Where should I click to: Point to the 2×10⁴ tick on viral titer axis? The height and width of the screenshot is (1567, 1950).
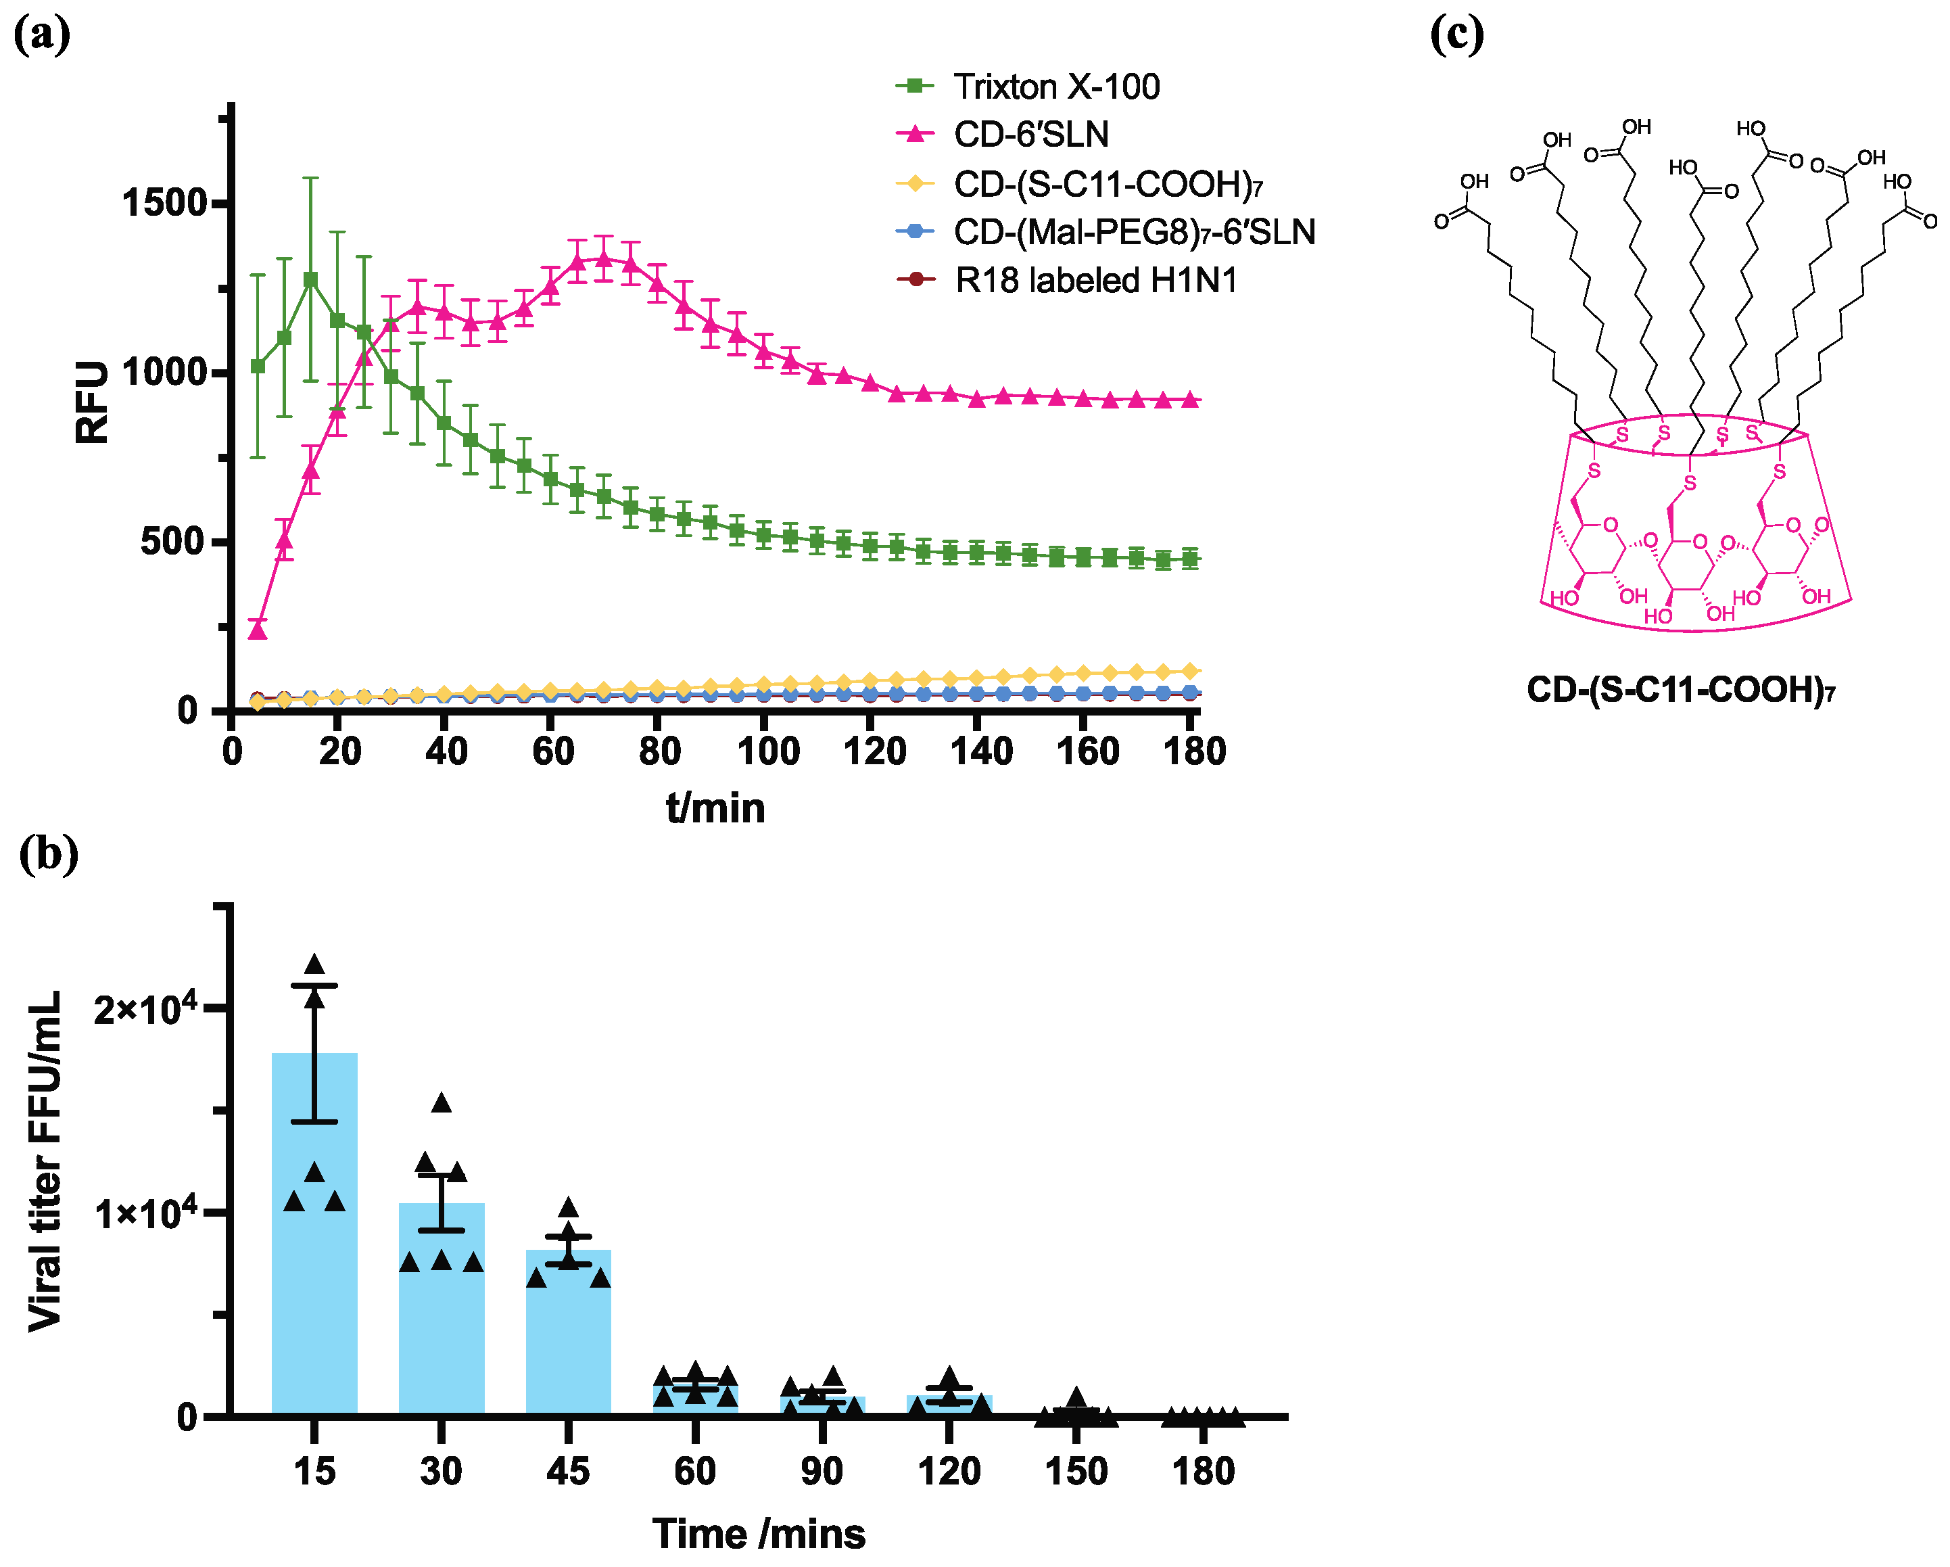tap(145, 1009)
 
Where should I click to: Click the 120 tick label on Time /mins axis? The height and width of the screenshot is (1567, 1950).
tap(949, 1471)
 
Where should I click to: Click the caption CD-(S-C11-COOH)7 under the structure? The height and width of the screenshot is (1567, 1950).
tap(1680, 691)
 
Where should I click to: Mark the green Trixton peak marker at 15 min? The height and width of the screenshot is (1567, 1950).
tap(311, 279)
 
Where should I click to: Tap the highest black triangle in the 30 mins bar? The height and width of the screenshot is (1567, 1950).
tap(442, 1102)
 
